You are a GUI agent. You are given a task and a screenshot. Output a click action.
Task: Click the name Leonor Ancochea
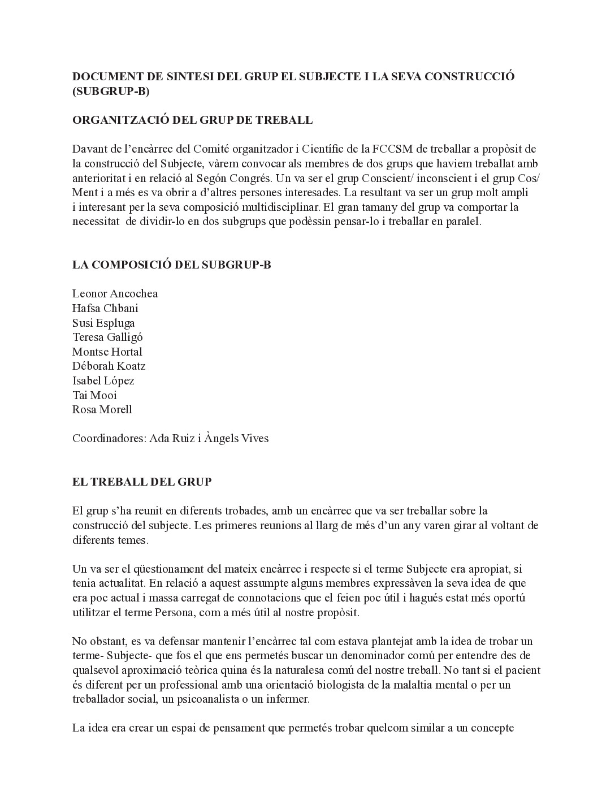[115, 293]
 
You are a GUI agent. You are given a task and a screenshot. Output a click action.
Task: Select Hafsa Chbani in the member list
[105, 308]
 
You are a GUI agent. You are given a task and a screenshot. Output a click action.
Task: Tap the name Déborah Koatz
[109, 366]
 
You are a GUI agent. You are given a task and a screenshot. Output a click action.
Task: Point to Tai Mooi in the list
[94, 395]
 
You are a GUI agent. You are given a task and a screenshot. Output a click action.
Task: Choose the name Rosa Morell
[102, 409]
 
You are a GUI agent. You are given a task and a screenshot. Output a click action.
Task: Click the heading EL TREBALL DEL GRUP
[142, 482]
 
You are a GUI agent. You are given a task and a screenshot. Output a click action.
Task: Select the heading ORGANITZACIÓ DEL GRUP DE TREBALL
[192, 120]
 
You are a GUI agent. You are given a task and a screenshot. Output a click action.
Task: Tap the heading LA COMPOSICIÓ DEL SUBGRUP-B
[171, 265]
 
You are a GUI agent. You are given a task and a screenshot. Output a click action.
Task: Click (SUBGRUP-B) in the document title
[111, 91]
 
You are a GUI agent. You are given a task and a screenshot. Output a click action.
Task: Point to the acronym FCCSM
[392, 149]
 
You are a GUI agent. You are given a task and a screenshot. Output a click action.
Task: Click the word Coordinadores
[108, 438]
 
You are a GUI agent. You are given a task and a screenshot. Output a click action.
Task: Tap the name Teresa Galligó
[107, 337]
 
